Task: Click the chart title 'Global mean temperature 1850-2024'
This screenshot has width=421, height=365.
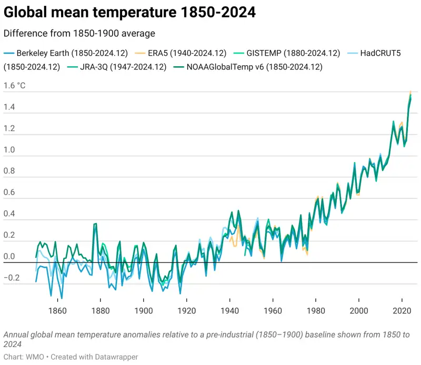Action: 129,13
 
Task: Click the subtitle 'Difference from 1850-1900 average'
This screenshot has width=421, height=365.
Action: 79,34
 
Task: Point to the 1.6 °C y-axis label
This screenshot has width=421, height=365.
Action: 15,86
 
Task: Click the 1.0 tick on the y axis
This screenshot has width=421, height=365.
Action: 9,150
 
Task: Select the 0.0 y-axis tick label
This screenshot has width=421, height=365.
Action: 9,257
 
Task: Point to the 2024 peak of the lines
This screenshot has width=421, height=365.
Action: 410,94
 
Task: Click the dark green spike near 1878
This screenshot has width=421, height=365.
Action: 95,224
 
